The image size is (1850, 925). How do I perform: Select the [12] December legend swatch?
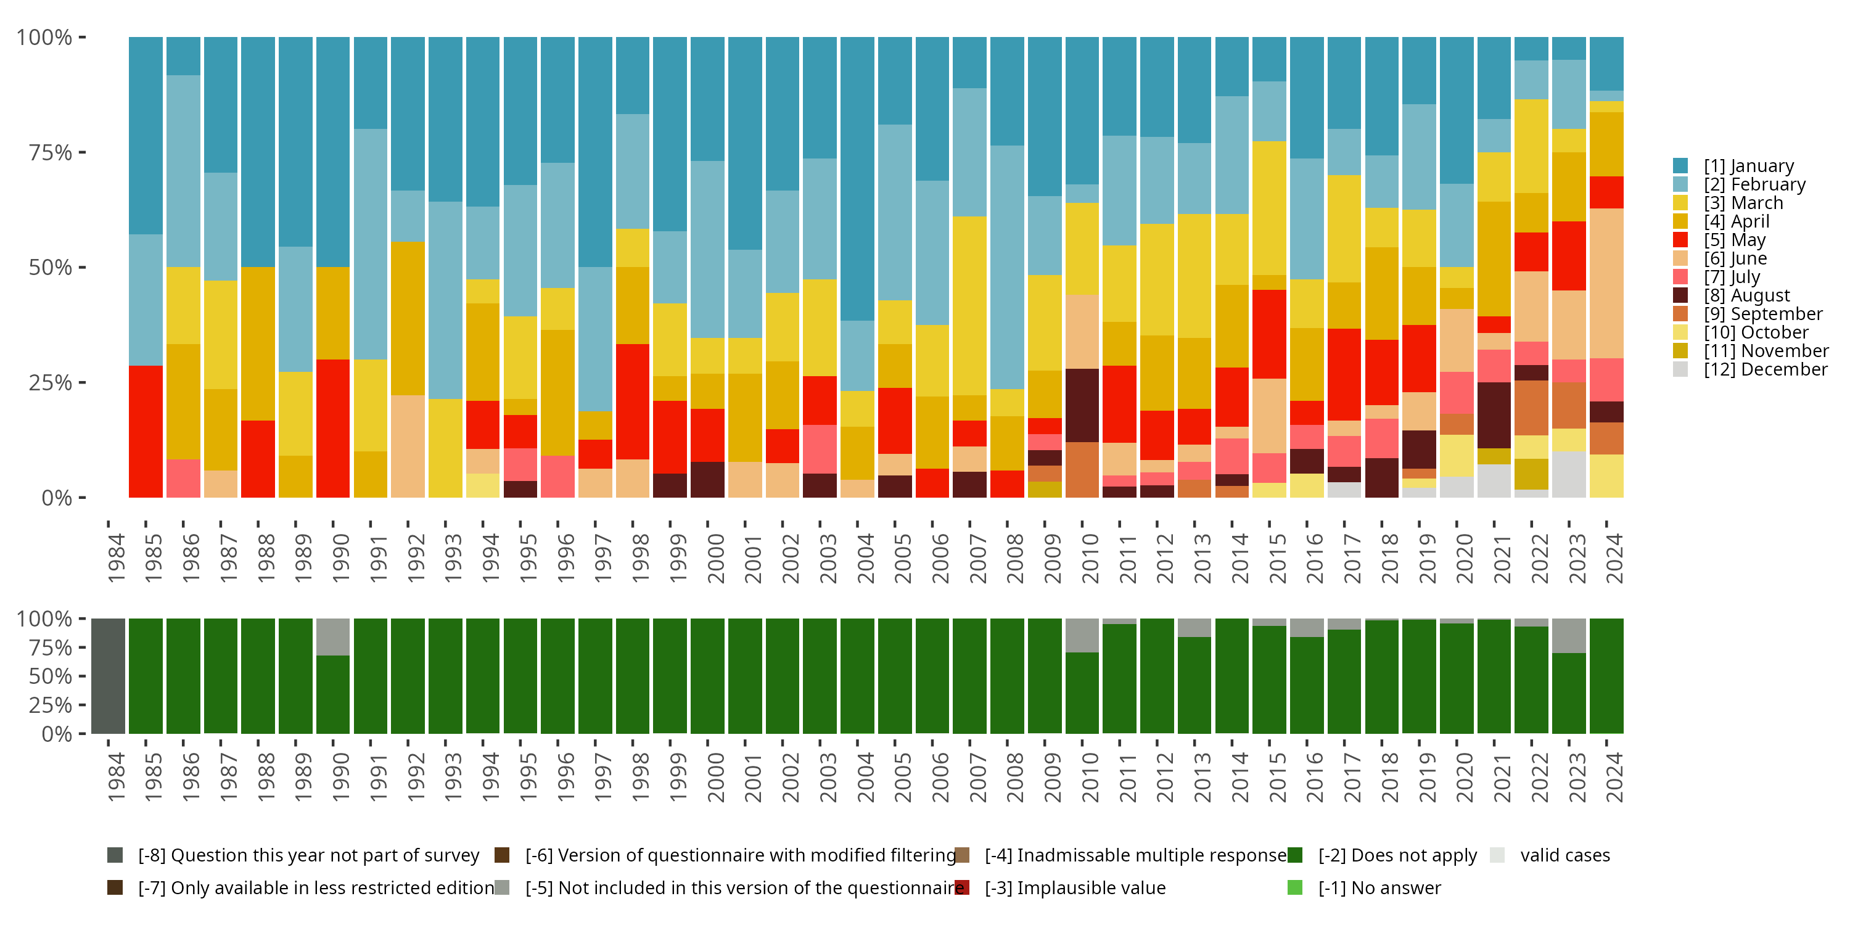coord(1680,369)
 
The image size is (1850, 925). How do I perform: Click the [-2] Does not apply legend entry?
coord(1396,855)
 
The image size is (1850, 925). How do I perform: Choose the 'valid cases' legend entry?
coord(1564,855)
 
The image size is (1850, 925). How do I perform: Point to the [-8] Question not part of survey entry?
coord(308,855)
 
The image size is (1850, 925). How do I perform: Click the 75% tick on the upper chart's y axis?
coord(51,152)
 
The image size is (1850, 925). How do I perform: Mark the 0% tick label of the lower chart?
coord(56,734)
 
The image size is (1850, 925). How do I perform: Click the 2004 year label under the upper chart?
coord(865,558)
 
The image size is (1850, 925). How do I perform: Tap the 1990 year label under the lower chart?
coord(340,777)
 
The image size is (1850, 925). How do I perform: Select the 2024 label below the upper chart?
coord(1614,558)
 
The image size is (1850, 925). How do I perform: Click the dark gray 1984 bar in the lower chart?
coord(109,676)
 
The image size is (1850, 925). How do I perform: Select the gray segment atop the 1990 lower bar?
coord(332,637)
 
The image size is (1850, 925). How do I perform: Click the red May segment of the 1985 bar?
coord(146,431)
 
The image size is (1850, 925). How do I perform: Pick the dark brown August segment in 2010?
coord(1082,405)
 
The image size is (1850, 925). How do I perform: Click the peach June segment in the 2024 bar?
coord(1606,283)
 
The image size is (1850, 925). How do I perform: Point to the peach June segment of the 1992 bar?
coord(408,446)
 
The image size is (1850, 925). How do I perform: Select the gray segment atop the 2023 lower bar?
coord(1568,636)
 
